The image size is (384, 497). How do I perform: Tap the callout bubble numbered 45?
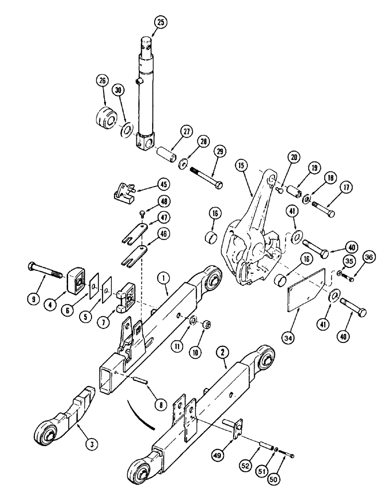162,184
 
